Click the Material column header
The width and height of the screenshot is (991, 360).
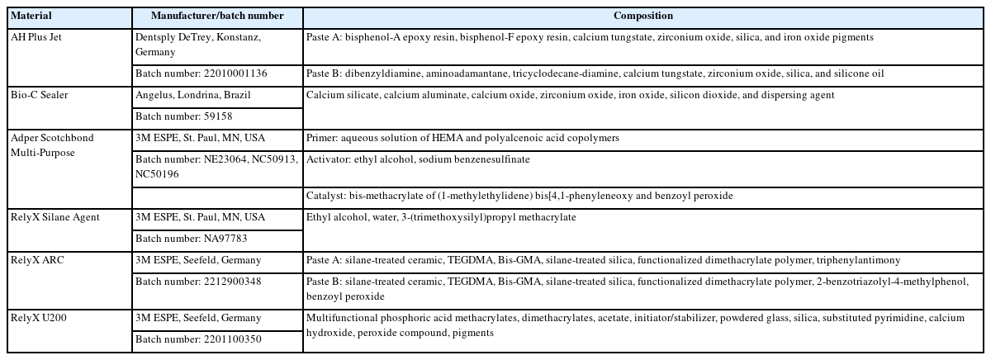click(31, 17)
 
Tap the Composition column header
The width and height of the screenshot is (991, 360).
click(642, 17)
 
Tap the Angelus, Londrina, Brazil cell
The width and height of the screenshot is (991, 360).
click(192, 95)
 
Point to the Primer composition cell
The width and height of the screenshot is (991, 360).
click(462, 138)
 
